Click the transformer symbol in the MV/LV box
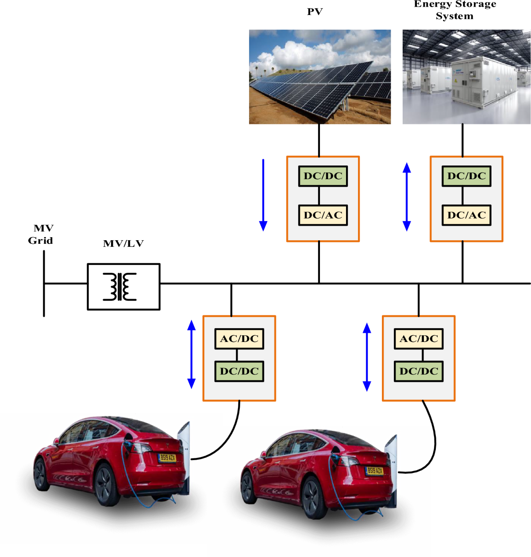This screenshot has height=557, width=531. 119,287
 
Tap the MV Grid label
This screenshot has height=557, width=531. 41,234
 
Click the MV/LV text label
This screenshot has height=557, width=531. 123,244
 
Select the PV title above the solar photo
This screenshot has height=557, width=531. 315,12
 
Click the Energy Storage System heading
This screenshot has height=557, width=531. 455,10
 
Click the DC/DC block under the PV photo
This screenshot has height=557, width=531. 323,176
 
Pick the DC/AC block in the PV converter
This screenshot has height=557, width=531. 323,215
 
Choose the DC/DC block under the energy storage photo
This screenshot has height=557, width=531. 466,176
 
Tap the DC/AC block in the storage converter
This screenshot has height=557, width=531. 466,215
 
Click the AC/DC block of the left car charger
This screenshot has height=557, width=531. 239,339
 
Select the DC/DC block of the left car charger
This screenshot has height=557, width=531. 239,371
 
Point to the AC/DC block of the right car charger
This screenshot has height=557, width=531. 419,339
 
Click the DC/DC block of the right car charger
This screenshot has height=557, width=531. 419,371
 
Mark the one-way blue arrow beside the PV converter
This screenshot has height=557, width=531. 263,195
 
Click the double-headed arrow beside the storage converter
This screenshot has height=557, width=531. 407,197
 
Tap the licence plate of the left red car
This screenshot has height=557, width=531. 167,457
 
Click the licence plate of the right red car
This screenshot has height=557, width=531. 374,471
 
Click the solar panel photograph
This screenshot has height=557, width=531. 319,77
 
